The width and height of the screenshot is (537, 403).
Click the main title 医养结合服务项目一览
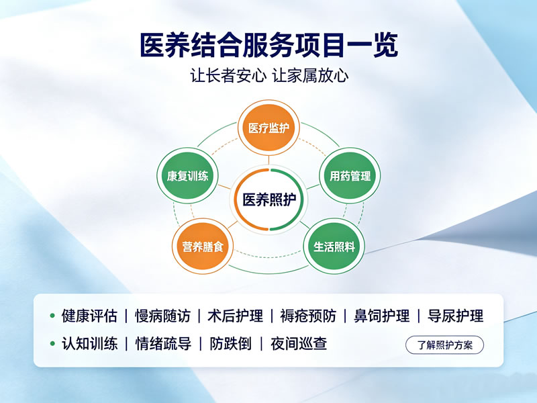pos(269,45)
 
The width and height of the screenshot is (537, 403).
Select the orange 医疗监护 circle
pos(268,128)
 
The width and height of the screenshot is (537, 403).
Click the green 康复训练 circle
pos(187,176)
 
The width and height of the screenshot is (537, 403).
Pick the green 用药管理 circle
pos(350,176)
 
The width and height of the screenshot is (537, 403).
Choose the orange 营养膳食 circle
pos(203,247)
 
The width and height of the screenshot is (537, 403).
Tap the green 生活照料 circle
pos(334,247)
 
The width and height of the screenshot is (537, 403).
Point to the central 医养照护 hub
pos(269,199)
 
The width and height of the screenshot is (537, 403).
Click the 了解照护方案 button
pos(444,345)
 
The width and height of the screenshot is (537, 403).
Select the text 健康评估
pos(89,316)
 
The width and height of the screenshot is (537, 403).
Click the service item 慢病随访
pos(162,316)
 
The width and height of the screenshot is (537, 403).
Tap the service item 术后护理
pos(236,316)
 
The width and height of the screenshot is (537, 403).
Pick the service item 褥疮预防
pos(308,316)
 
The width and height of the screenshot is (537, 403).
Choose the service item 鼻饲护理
pos(381,316)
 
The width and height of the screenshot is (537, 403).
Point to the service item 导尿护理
pos(456,316)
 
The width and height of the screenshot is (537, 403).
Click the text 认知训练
pos(89,344)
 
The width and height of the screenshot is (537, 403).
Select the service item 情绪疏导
pos(163,344)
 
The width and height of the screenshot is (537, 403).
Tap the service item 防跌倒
pos(230,344)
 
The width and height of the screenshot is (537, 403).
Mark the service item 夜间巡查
pos(299,344)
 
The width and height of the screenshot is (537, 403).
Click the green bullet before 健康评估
pos(52,316)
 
